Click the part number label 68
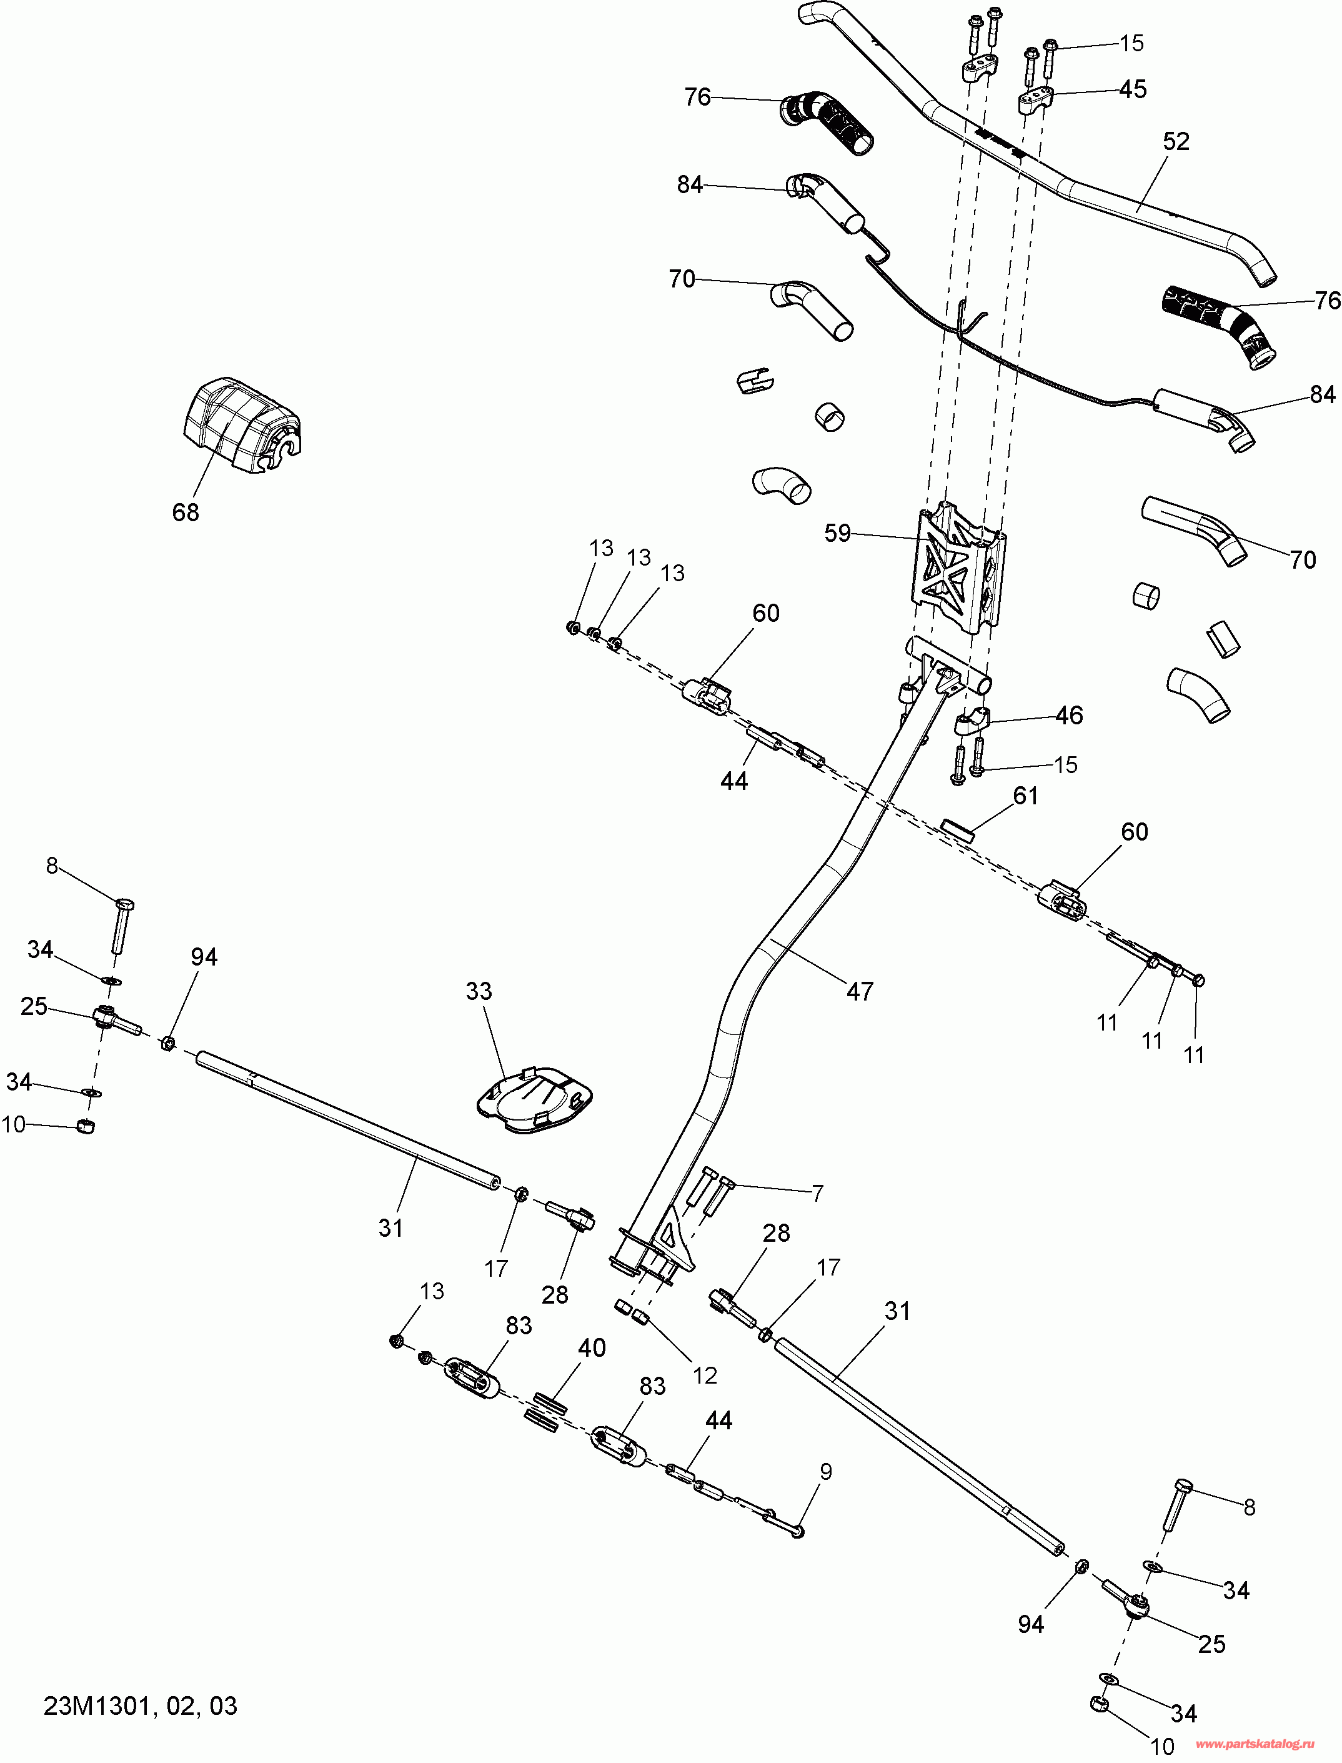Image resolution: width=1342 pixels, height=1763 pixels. [x=186, y=512]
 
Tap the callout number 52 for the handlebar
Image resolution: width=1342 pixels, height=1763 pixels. [x=1176, y=141]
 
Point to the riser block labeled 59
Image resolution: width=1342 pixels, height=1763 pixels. [x=958, y=568]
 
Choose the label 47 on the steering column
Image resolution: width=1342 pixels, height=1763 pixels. [x=860, y=991]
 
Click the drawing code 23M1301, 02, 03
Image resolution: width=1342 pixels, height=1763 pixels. [x=141, y=1706]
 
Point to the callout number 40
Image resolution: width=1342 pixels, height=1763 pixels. [x=592, y=1347]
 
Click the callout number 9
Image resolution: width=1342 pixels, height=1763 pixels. [x=826, y=1471]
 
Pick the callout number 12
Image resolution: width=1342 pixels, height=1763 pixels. [x=705, y=1375]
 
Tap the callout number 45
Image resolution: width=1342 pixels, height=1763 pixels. [x=1133, y=89]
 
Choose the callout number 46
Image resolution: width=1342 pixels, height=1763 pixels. [x=1070, y=715]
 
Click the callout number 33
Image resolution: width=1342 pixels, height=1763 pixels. [x=479, y=991]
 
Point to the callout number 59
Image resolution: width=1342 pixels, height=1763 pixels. [x=837, y=533]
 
